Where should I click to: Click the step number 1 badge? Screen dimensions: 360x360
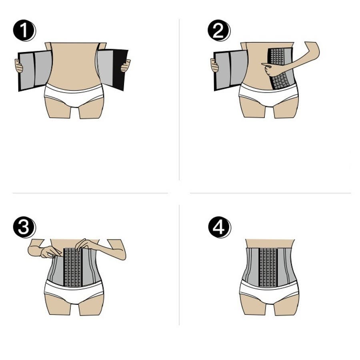pyautogui.click(x=24, y=30)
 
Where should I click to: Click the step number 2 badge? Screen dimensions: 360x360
pyautogui.click(x=219, y=30)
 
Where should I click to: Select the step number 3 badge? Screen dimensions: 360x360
pyautogui.click(x=24, y=227)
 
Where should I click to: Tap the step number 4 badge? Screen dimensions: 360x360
pyautogui.click(x=219, y=227)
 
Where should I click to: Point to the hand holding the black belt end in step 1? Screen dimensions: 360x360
pyautogui.click(x=126, y=66)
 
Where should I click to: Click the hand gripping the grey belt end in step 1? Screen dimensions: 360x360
pyautogui.click(x=19, y=66)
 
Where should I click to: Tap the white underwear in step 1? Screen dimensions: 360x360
pyautogui.click(x=74, y=94)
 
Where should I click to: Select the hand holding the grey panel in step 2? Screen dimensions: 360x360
pyautogui.click(x=215, y=65)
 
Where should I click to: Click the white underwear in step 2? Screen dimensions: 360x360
pyautogui.click(x=269, y=94)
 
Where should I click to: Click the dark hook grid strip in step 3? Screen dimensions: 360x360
pyautogui.click(x=72, y=267)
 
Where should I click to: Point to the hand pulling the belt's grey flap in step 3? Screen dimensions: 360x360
pyautogui.click(x=49, y=252)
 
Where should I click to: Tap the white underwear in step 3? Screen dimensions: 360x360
pyautogui.click(x=74, y=292)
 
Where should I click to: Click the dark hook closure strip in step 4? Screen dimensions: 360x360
pyautogui.click(x=268, y=267)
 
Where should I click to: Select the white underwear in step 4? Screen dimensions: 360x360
pyautogui.click(x=269, y=292)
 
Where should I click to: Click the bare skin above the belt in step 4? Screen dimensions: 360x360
pyautogui.click(x=270, y=243)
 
